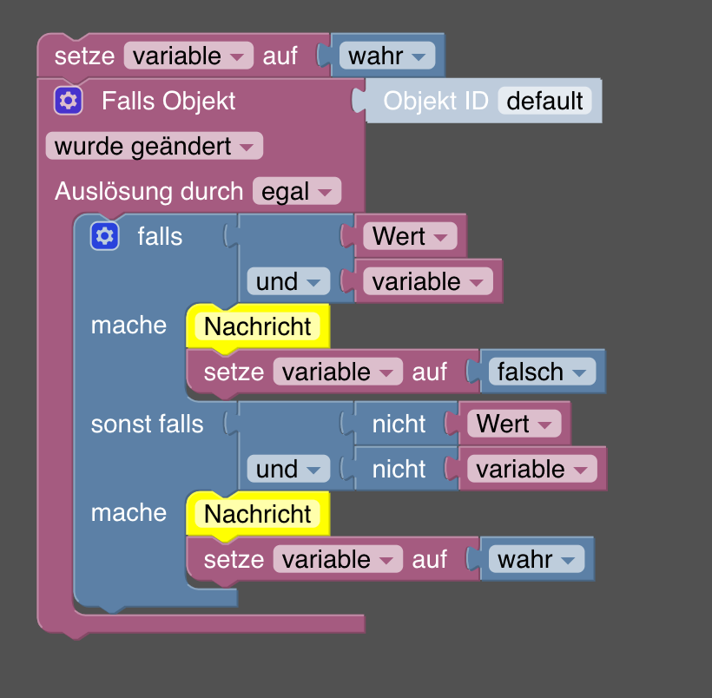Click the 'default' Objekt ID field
544,101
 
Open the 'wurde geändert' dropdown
154,146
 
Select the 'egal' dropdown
296,191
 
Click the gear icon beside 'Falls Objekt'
68,101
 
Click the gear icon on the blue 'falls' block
104,235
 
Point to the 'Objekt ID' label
435,101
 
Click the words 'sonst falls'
147,424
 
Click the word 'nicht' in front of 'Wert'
399,424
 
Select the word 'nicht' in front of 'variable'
399,469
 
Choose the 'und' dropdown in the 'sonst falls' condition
288,469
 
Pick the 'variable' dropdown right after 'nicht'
531,469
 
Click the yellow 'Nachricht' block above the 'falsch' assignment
258,326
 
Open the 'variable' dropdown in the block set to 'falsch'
338,372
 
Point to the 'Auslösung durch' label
148,191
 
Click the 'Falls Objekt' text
168,101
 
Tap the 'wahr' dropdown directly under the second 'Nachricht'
537,559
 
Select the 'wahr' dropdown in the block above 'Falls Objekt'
386,56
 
